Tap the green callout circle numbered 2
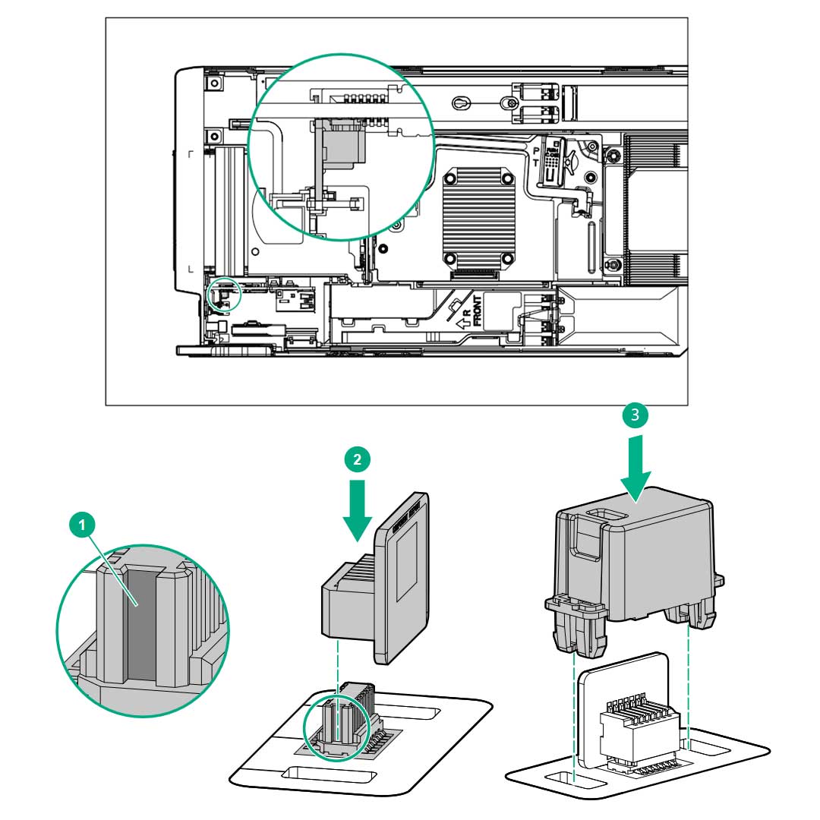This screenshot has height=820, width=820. tap(358, 458)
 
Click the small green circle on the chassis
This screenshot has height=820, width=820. tap(224, 295)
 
